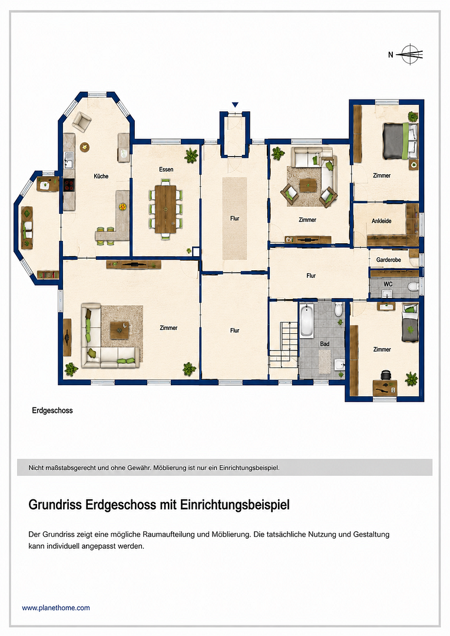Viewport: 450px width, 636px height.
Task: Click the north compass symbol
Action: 410,54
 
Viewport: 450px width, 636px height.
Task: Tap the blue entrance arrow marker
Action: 235,105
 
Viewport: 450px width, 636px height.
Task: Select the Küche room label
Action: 101,176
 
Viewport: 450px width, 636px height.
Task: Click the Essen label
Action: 166,169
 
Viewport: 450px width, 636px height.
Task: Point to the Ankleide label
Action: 382,221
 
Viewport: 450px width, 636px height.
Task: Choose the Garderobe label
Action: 388,260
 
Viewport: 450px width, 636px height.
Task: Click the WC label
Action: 388,284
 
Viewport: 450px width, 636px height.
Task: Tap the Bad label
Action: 325,344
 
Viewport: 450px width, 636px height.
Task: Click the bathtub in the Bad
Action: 306,320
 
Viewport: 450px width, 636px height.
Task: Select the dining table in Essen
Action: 166,209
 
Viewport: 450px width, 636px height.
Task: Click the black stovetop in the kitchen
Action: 68,185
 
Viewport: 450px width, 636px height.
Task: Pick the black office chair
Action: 385,375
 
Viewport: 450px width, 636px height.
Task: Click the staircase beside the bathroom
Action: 284,344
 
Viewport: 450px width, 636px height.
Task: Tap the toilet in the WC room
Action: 413,287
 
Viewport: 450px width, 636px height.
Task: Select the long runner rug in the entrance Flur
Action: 234,218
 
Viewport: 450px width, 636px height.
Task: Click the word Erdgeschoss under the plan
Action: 52,410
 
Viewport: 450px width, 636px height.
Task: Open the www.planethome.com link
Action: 56,608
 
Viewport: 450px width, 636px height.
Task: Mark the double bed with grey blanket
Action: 400,141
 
